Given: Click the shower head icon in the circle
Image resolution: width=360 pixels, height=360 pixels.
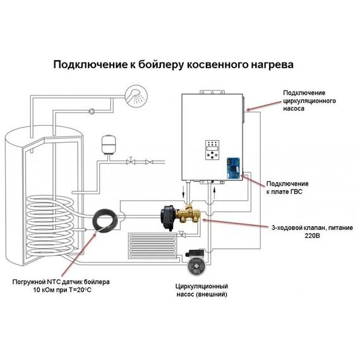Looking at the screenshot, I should [134, 96].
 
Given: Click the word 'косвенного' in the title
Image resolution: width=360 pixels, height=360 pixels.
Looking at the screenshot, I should [215, 64].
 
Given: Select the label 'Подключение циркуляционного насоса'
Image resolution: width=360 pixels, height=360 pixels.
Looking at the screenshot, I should [309, 100].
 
